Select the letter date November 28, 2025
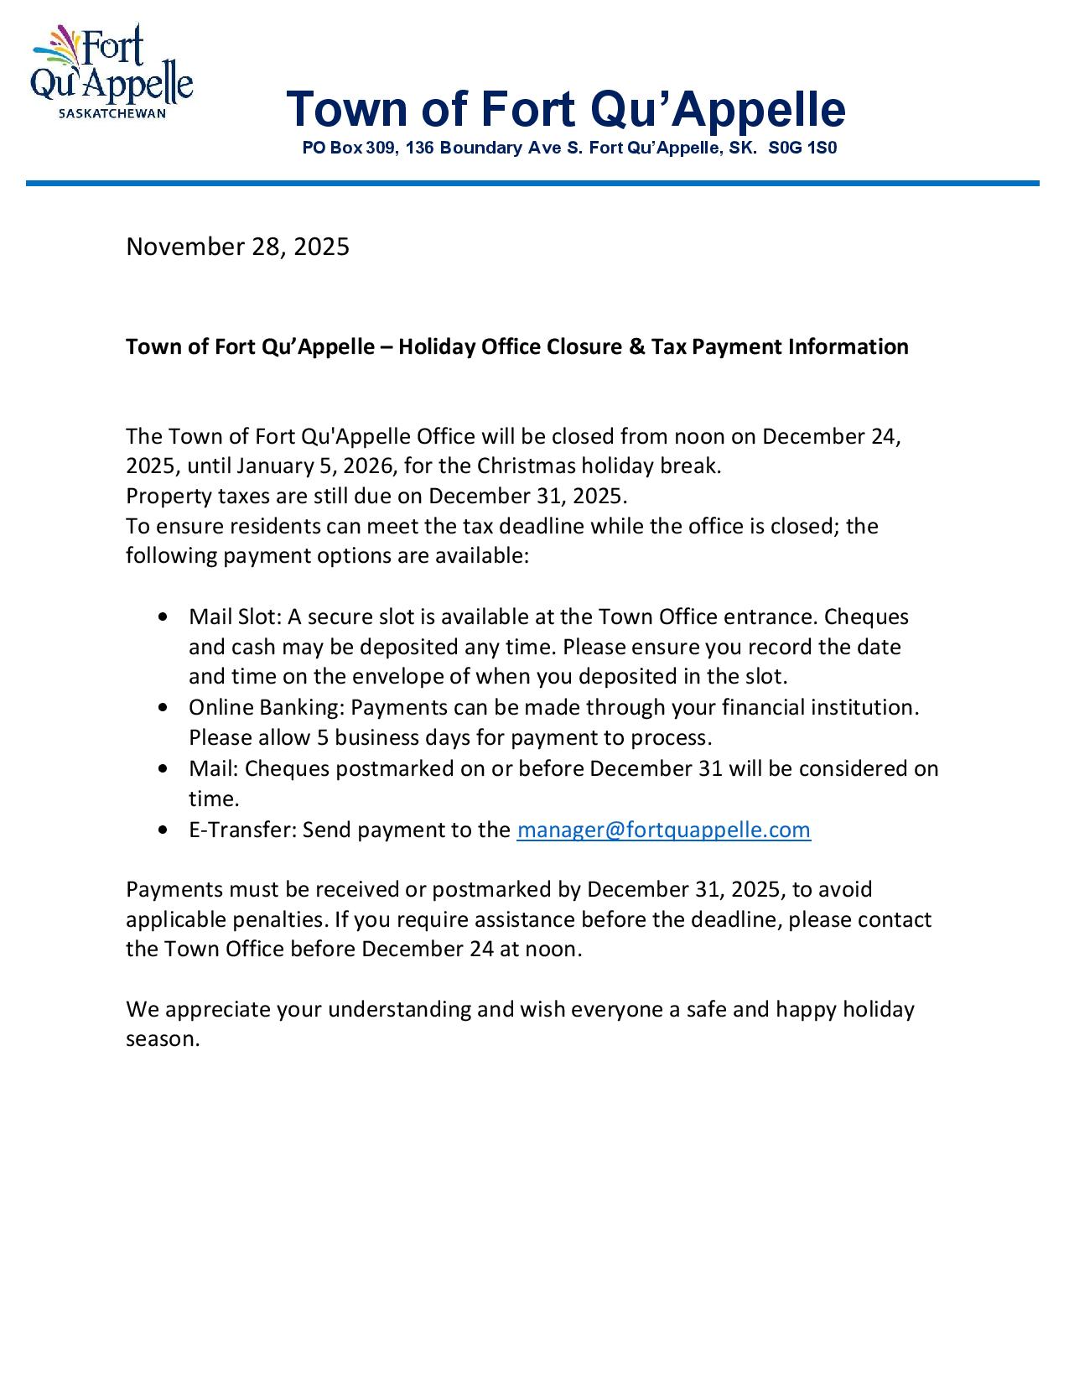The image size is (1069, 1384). click(237, 247)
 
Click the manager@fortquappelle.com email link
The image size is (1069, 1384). click(663, 830)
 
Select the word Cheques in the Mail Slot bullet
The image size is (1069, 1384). click(866, 617)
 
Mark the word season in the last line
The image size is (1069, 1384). click(162, 1039)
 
